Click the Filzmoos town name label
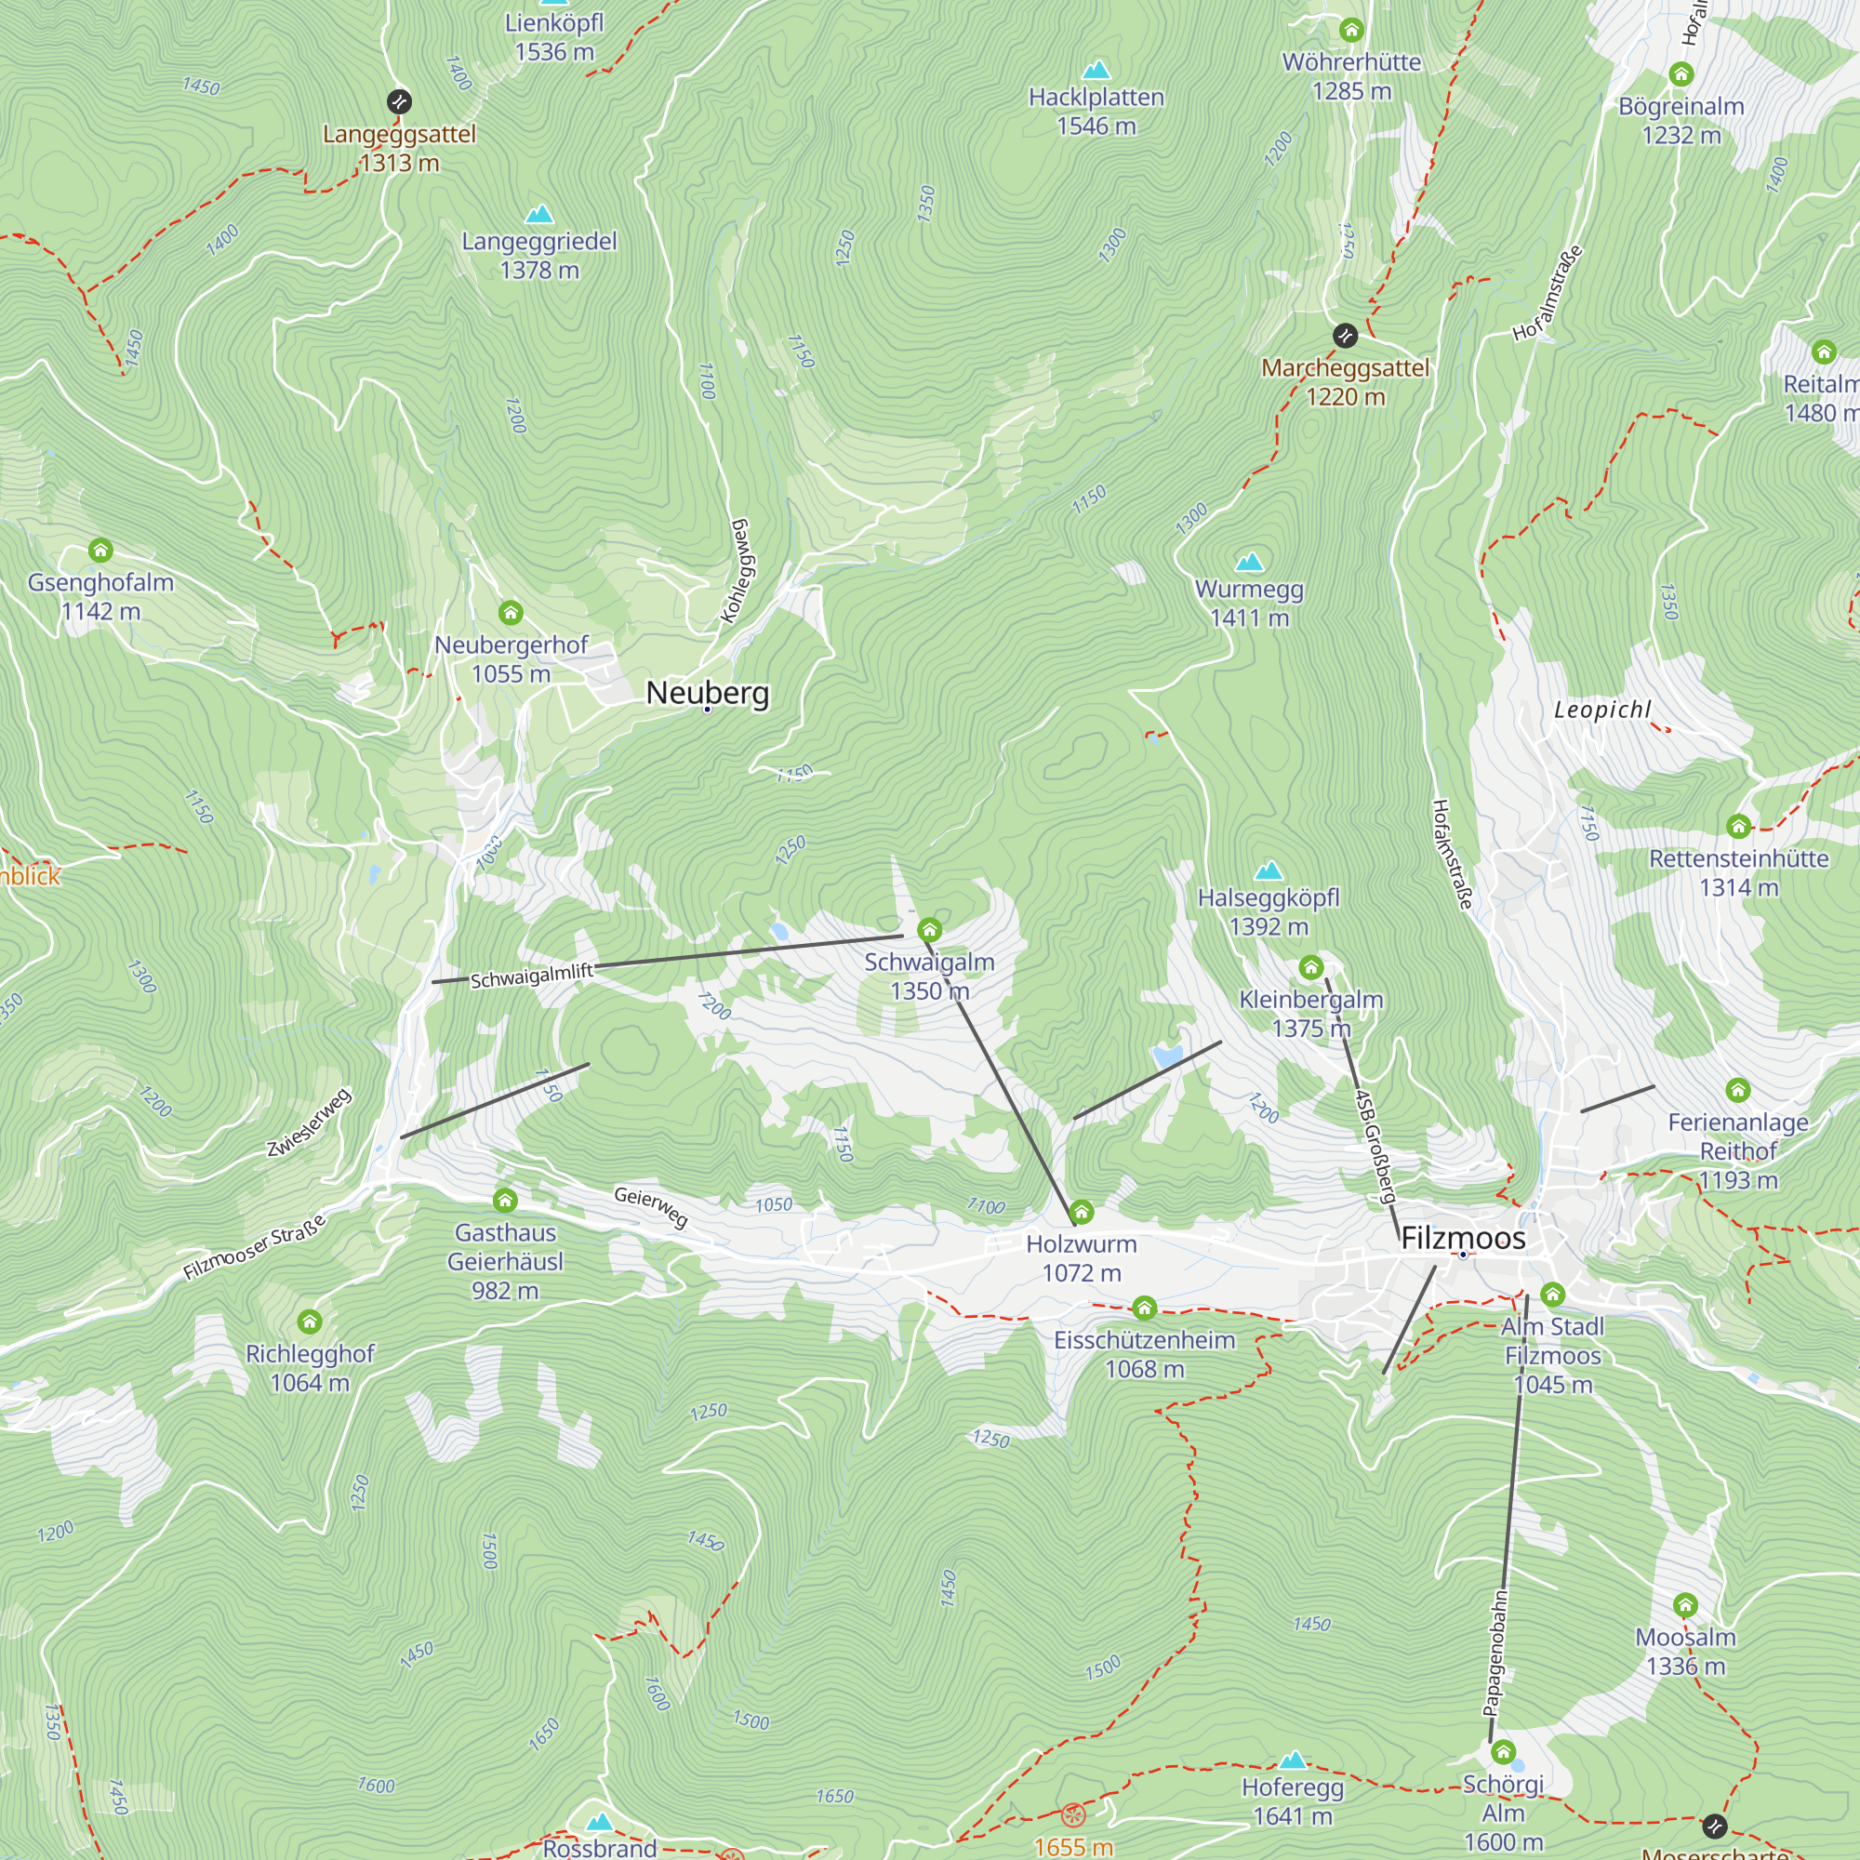pos(1462,1238)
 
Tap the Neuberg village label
pos(708,692)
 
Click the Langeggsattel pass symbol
pos(399,101)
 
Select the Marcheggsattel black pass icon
pos(1345,336)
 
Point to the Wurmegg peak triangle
pos(1249,562)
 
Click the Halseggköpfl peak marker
pos(1269,871)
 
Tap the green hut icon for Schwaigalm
pos(929,930)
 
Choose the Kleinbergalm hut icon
pos(1311,967)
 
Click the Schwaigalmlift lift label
pos(531,976)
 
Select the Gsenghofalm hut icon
pos(101,551)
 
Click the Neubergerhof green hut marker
pos(511,612)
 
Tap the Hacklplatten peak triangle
pos(1096,70)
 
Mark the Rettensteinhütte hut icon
pos(1738,826)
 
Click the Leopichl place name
pos(1602,710)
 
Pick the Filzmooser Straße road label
pos(255,1248)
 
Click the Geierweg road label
pos(651,1206)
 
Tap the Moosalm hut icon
pos(1685,1605)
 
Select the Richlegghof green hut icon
pos(309,1322)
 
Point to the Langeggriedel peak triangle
pos(539,214)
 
